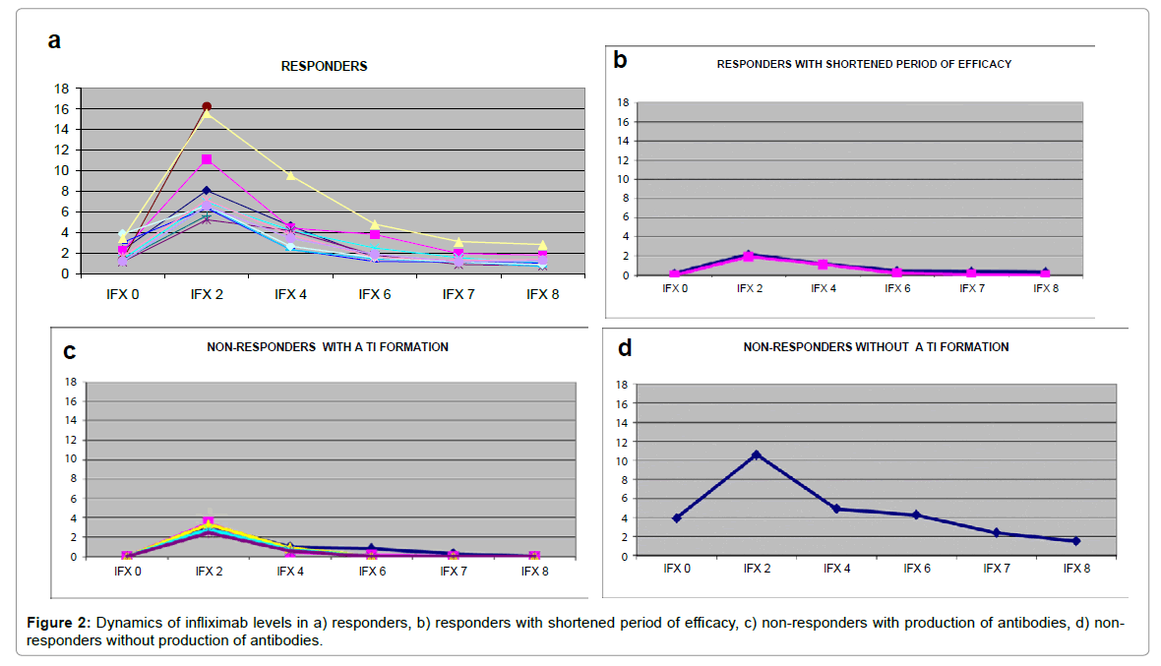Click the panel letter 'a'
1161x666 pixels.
click(x=55, y=40)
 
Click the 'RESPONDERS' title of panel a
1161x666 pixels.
click(x=324, y=67)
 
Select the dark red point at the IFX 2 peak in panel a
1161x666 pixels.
click(x=207, y=106)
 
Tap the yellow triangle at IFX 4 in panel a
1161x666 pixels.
click(x=290, y=175)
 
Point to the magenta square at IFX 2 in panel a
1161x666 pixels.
click(x=207, y=159)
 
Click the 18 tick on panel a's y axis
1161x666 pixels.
click(x=61, y=89)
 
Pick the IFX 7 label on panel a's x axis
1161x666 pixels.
click(x=458, y=293)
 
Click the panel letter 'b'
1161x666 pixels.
click(x=620, y=59)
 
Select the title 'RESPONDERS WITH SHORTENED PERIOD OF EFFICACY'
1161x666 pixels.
click(x=864, y=64)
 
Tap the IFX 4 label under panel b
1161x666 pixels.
click(x=823, y=288)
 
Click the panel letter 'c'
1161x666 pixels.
click(x=69, y=350)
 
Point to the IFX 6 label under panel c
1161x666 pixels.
click(x=371, y=571)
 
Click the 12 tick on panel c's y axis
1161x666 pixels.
click(x=71, y=440)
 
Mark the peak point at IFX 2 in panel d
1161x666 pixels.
click(x=757, y=454)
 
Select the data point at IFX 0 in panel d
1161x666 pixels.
click(x=677, y=517)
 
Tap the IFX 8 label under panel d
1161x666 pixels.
click(x=1076, y=569)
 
